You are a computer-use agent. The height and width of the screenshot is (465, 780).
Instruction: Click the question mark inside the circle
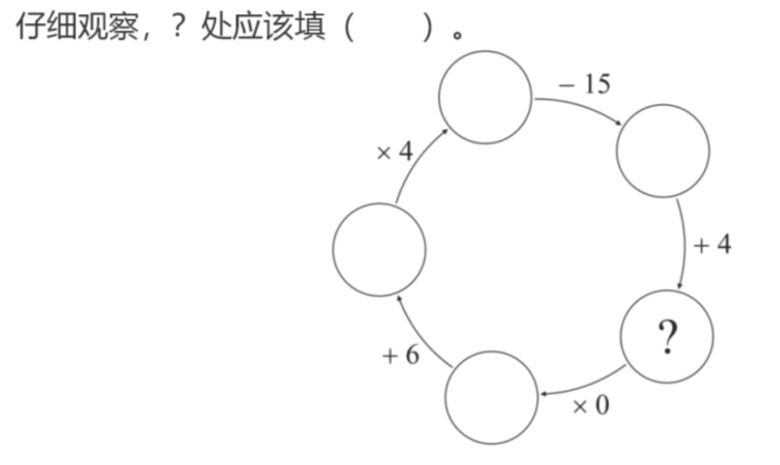tap(667, 337)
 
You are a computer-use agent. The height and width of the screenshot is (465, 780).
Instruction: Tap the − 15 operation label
tap(584, 85)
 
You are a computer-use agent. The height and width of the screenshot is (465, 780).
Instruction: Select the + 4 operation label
tap(712, 244)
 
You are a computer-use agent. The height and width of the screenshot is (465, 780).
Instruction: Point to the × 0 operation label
tap(591, 406)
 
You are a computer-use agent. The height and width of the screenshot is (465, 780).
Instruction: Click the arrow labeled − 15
tap(581, 107)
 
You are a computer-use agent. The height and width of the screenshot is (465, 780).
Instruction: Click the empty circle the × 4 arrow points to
tap(485, 97)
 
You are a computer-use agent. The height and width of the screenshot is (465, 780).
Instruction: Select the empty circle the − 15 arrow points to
tap(662, 150)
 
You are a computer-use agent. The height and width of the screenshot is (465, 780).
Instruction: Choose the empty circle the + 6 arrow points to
tap(379, 249)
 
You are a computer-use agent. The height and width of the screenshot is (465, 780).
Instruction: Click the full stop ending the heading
tap(456, 35)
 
